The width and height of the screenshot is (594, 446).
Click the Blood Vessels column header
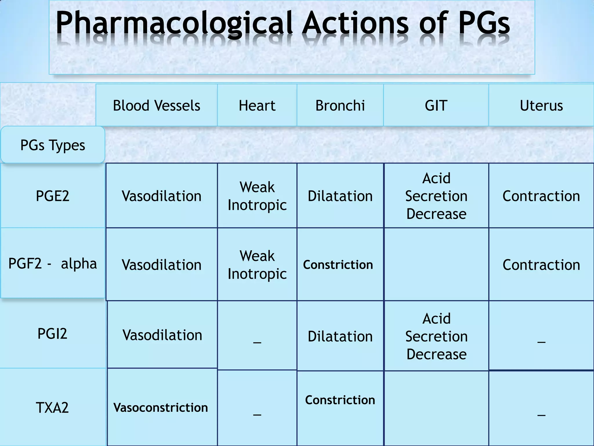click(x=156, y=105)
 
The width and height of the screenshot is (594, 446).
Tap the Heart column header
click(x=257, y=105)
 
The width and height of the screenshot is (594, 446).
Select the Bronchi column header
click(x=340, y=105)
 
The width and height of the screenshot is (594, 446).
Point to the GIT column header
click(x=436, y=105)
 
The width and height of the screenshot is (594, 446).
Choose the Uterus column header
click(x=541, y=105)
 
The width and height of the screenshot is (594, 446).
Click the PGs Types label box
click(x=53, y=145)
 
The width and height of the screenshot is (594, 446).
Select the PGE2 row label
click(x=52, y=196)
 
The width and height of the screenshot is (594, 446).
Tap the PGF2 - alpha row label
click(x=52, y=264)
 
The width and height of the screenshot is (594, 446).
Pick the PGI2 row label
click(x=52, y=334)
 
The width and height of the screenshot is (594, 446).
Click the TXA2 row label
click(x=52, y=408)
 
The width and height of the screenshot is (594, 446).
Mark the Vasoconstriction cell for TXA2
click(x=161, y=408)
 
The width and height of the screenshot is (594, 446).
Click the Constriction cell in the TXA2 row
click(x=340, y=400)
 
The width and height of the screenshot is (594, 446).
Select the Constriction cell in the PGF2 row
click(x=338, y=265)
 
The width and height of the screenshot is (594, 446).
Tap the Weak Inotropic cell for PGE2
click(x=257, y=196)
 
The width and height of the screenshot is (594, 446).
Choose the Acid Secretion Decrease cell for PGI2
click(x=436, y=336)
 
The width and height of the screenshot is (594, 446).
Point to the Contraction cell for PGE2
click(x=541, y=196)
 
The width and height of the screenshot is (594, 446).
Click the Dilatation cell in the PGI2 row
click(x=340, y=337)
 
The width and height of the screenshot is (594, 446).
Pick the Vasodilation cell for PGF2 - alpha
click(x=162, y=265)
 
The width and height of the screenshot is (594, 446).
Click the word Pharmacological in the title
click(x=174, y=23)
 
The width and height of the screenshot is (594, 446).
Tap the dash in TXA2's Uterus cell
click(x=541, y=415)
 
